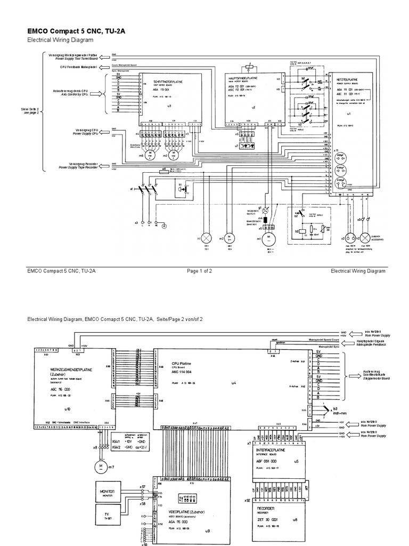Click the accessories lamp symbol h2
(x=366, y=237)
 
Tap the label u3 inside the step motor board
(x=169, y=106)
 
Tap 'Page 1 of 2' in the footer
(x=199, y=271)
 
